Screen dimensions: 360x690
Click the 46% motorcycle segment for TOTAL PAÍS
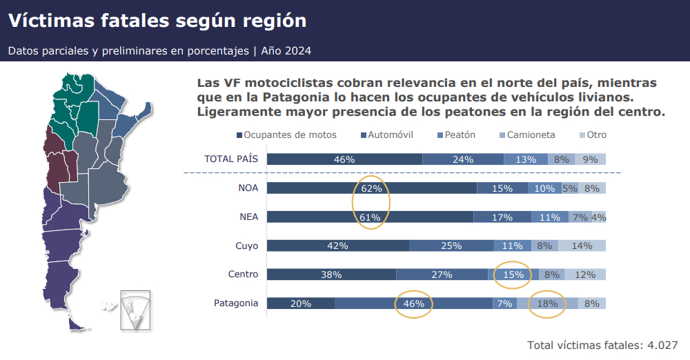(x=344, y=159)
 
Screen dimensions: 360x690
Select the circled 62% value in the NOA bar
(x=371, y=188)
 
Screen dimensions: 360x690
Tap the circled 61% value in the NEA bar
(x=371, y=217)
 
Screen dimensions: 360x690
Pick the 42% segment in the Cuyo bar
(x=337, y=246)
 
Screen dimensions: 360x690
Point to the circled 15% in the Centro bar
(x=513, y=274)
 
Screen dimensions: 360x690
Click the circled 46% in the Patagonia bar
(x=413, y=303)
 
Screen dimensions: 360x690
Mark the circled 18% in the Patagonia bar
(x=546, y=303)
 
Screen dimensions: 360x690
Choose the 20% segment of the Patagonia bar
(x=301, y=303)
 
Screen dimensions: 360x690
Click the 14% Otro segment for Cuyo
(x=582, y=246)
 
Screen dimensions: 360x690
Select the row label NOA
(x=248, y=188)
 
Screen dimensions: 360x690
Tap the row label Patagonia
(x=236, y=303)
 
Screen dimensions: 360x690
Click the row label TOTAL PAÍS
(x=231, y=159)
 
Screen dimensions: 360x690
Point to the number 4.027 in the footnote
(x=662, y=345)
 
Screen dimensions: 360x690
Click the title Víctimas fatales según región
(x=157, y=21)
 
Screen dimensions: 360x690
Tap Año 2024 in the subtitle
(x=286, y=51)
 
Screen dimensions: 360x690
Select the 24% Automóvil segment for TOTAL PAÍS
(x=463, y=159)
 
